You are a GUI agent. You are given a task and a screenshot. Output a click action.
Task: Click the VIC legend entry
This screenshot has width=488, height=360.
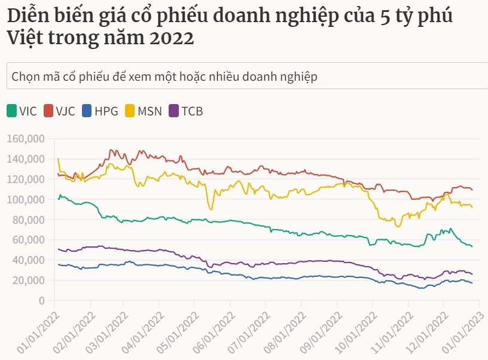22,111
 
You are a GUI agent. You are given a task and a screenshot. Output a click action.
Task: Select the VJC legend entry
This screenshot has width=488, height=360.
59,111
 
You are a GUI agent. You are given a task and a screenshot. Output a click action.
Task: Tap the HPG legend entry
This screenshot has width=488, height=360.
99,111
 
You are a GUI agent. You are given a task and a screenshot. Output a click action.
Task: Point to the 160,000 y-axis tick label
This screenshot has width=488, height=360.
26,139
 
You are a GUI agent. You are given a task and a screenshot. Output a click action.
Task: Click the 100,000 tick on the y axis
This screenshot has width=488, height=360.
26,199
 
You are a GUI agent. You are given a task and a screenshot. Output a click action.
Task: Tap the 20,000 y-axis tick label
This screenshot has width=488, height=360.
28,280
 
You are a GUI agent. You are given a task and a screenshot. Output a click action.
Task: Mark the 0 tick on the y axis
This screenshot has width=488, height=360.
42,300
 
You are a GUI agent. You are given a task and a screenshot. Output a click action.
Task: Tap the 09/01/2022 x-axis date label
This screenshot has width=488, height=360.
319,329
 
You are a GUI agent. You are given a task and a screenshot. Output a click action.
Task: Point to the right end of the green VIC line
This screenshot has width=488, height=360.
472,246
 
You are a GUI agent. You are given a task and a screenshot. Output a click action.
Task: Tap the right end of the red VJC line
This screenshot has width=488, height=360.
472,190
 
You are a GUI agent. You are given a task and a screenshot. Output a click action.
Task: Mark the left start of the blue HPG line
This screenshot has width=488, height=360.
58,264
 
